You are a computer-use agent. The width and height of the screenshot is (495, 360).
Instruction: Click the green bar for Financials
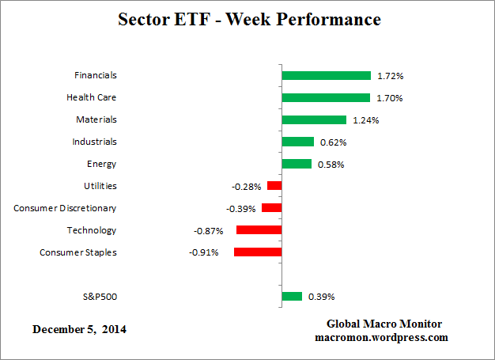point(326,76)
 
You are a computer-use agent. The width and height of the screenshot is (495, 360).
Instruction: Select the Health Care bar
point(326,98)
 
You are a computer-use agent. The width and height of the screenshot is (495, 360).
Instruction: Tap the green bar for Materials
point(314,120)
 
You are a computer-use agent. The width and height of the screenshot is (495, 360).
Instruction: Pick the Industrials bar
point(298,142)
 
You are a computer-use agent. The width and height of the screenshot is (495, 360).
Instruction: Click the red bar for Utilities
point(274,186)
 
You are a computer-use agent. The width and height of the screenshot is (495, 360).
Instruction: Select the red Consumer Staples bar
point(258,252)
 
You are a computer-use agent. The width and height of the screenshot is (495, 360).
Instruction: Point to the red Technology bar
point(259,230)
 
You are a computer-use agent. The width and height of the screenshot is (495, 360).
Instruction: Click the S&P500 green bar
point(292,297)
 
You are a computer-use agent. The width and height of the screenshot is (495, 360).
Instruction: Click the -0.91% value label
point(203,253)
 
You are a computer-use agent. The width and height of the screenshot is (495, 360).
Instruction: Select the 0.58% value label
point(330,165)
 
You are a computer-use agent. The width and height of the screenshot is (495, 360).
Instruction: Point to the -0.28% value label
point(246,187)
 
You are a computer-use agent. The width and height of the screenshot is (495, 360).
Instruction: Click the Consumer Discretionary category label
point(65,208)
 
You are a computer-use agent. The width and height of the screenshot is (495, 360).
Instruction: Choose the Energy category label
point(103,164)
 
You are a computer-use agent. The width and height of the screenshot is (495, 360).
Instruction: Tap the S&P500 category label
point(100,297)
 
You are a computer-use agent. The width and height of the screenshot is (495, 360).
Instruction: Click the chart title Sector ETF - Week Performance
point(248,19)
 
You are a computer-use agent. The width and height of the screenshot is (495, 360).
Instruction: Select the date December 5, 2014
point(79,328)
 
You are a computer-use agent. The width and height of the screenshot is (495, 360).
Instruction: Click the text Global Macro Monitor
point(384,324)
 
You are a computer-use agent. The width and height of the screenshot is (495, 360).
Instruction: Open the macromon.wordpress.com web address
point(382,337)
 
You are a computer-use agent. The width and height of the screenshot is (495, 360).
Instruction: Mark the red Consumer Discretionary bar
point(271,208)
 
